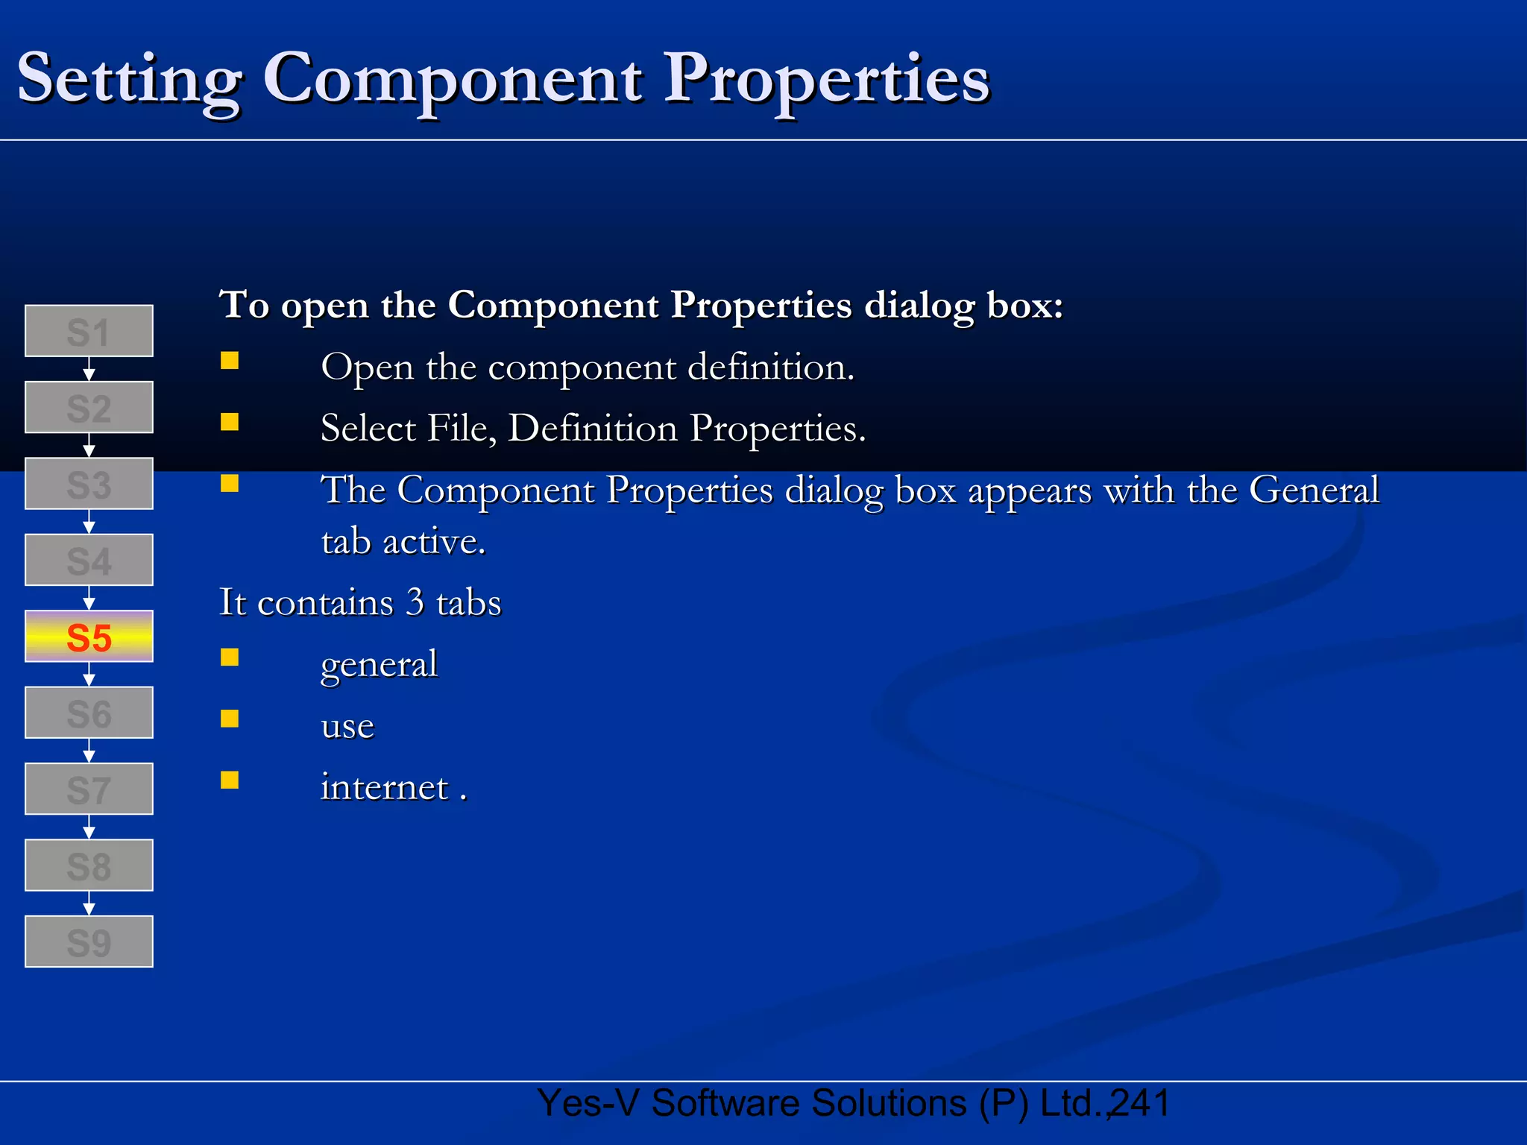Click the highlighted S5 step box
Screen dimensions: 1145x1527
pyautogui.click(x=89, y=637)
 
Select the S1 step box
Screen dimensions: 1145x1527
pyautogui.click(x=89, y=331)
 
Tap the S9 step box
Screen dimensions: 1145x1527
pyautogui.click(x=89, y=941)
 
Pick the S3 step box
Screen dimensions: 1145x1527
pyautogui.click(x=89, y=484)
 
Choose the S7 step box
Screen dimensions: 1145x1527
pyautogui.click(x=89, y=789)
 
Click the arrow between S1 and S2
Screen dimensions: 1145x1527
pyautogui.click(x=89, y=369)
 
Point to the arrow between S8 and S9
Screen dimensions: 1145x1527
pyautogui.click(x=89, y=903)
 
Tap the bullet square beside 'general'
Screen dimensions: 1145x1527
pyautogui.click(x=230, y=657)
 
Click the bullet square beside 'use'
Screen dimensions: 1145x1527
pyautogui.click(x=230, y=718)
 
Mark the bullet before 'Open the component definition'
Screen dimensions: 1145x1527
pyautogui.click(x=230, y=361)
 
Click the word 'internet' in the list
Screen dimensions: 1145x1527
pyautogui.click(x=384, y=787)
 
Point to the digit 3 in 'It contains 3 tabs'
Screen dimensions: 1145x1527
pyautogui.click(x=415, y=602)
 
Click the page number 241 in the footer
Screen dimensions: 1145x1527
pyautogui.click(x=1140, y=1103)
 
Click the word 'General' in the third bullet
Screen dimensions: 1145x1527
pyautogui.click(x=1314, y=491)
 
